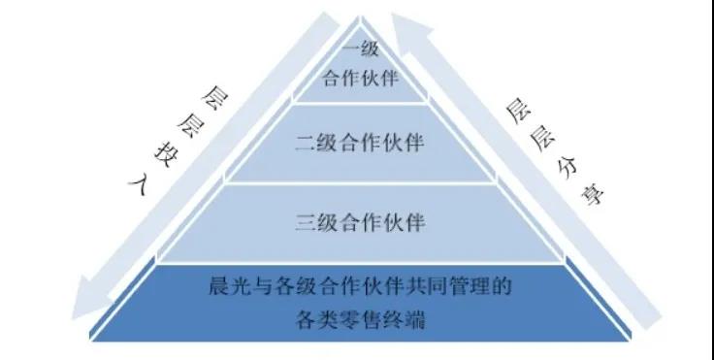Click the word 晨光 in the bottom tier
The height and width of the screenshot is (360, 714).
click(x=226, y=286)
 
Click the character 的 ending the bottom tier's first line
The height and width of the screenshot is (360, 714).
click(x=503, y=286)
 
